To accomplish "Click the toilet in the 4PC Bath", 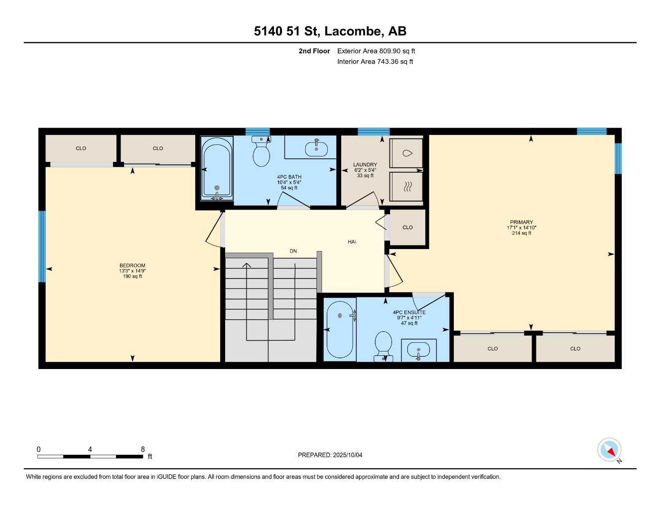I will [261, 152].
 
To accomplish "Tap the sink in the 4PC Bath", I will [316, 148].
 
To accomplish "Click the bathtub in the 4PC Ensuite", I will [340, 329].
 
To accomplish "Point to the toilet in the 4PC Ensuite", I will [383, 346].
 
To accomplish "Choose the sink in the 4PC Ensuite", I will [418, 350].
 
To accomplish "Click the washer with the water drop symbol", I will [406, 153].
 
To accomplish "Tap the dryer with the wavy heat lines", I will [406, 186].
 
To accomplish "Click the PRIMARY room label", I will [521, 222].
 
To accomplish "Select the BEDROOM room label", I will [132, 265].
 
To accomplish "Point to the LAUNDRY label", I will [365, 164].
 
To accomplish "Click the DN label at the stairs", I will [293, 251].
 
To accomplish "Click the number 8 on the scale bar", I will [143, 449].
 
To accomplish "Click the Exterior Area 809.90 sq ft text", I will [376, 51].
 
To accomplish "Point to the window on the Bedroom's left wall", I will [42, 247].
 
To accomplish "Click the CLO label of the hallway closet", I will [407, 227].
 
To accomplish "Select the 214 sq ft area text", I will [521, 233].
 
